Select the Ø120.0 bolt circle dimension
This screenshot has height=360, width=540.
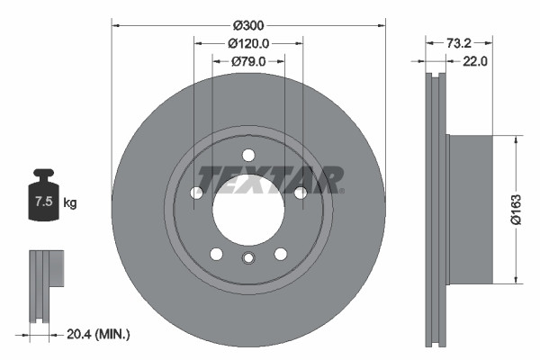click(x=247, y=43)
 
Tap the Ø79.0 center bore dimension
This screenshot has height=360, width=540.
click(x=247, y=61)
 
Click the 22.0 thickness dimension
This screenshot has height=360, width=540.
click(x=474, y=61)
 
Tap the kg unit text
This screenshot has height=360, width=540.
click(x=70, y=202)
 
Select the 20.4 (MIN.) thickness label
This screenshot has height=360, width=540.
click(x=97, y=334)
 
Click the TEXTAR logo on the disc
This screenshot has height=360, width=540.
click(x=270, y=180)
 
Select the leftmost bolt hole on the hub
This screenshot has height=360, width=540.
click(x=196, y=193)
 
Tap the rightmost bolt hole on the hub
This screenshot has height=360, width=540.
click(x=300, y=193)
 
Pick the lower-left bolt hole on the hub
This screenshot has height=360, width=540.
click(x=216, y=254)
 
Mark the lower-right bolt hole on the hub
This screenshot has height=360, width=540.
click(x=280, y=254)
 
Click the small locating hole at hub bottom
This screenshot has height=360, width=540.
click(x=248, y=259)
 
